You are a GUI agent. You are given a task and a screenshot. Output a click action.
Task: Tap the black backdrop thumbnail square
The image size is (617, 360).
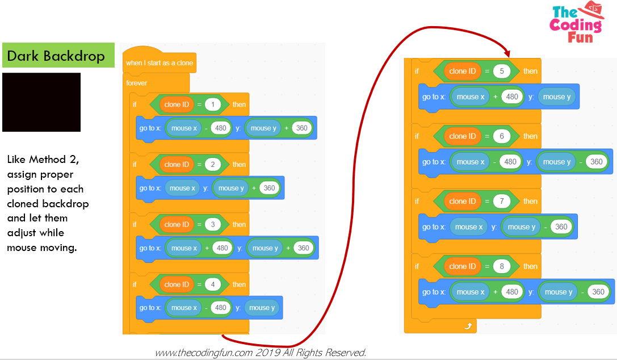41,102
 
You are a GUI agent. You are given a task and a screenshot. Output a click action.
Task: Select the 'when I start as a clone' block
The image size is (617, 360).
160,63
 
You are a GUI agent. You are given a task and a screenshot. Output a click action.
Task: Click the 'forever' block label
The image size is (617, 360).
137,83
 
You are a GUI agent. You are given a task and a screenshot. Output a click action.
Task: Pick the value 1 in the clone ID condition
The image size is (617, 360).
213,104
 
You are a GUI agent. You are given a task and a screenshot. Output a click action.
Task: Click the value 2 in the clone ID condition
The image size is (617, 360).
213,165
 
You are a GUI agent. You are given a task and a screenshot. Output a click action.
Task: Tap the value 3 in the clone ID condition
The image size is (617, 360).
213,225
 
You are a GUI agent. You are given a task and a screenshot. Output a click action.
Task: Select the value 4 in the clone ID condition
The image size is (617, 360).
213,284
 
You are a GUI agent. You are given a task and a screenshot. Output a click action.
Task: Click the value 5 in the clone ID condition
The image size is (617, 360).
501,72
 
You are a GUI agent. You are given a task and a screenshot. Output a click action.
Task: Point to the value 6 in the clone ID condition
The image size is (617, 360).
501,136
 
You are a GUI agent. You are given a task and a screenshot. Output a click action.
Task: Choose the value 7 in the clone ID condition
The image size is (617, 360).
501,202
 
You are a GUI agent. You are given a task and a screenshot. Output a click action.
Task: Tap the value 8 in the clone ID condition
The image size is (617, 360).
501,266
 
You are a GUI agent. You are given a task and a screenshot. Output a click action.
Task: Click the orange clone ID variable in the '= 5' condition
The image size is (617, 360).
462,72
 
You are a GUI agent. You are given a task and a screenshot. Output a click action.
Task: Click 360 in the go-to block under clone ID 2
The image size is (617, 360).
269,189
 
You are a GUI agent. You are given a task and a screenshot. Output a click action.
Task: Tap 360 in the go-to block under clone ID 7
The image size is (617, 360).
561,227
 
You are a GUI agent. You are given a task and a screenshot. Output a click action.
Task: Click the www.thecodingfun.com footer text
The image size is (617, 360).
261,353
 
